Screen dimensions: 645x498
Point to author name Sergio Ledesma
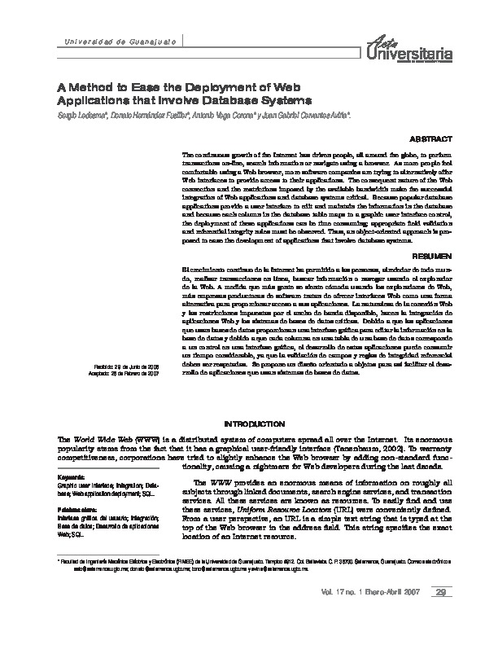pos(80,116)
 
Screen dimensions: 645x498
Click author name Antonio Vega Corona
pos(222,116)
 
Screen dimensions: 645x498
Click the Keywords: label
pos(71,475)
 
